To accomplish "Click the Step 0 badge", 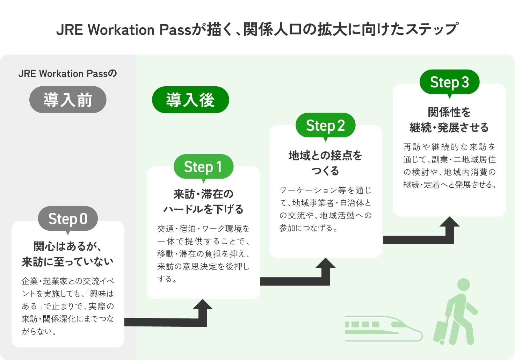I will pyautogui.click(x=68, y=219).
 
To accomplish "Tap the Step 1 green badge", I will pyautogui.click(x=203, y=167).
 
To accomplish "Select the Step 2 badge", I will pyautogui.click(x=325, y=125).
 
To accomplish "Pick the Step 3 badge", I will pyautogui.click(x=449, y=82).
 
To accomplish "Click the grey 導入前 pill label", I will pyautogui.click(x=68, y=100).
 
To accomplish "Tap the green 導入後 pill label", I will pyautogui.click(x=190, y=100).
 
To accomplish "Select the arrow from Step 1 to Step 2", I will pyautogui.click(x=300, y=280).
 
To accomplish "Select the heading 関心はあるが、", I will pyautogui.click(x=68, y=246).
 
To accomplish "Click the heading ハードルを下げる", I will pyautogui.click(x=203, y=209).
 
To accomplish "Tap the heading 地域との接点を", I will pyautogui.click(x=325, y=156).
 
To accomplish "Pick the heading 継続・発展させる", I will pyautogui.click(x=449, y=128).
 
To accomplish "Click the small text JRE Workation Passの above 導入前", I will pyautogui.click(x=68, y=73).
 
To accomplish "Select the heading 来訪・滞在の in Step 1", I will pyautogui.click(x=203, y=194).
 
